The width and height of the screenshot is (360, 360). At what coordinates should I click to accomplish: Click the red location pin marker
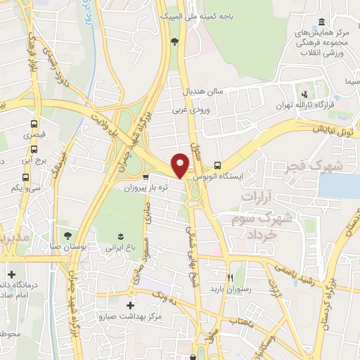pyautogui.click(x=181, y=165)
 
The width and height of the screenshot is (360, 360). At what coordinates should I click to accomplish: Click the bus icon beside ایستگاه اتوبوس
pyautogui.click(x=217, y=164)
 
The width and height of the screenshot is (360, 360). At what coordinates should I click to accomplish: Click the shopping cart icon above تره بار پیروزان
pyautogui.click(x=145, y=177)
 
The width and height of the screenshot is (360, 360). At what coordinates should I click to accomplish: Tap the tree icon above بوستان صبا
pyautogui.click(x=67, y=235)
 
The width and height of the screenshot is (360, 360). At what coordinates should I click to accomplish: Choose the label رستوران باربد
pyautogui.click(x=230, y=288)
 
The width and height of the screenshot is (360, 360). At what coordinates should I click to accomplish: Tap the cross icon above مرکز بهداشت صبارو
pyautogui.click(x=130, y=306)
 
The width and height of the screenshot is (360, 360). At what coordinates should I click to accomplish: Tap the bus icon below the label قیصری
pyautogui.click(x=34, y=149)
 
